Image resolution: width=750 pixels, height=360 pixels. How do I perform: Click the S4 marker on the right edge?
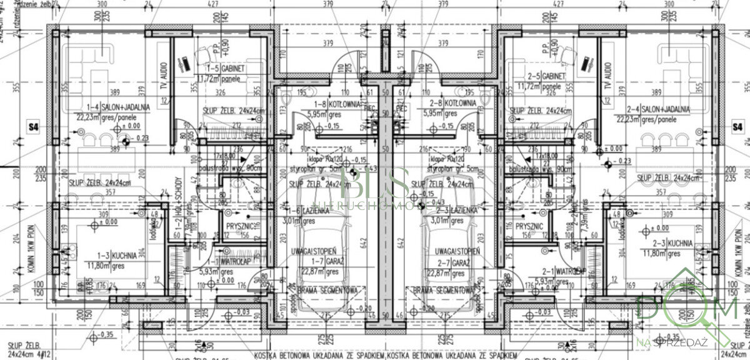coord(738,127)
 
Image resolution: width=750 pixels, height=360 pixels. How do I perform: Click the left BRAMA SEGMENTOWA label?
coord(326,291)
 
